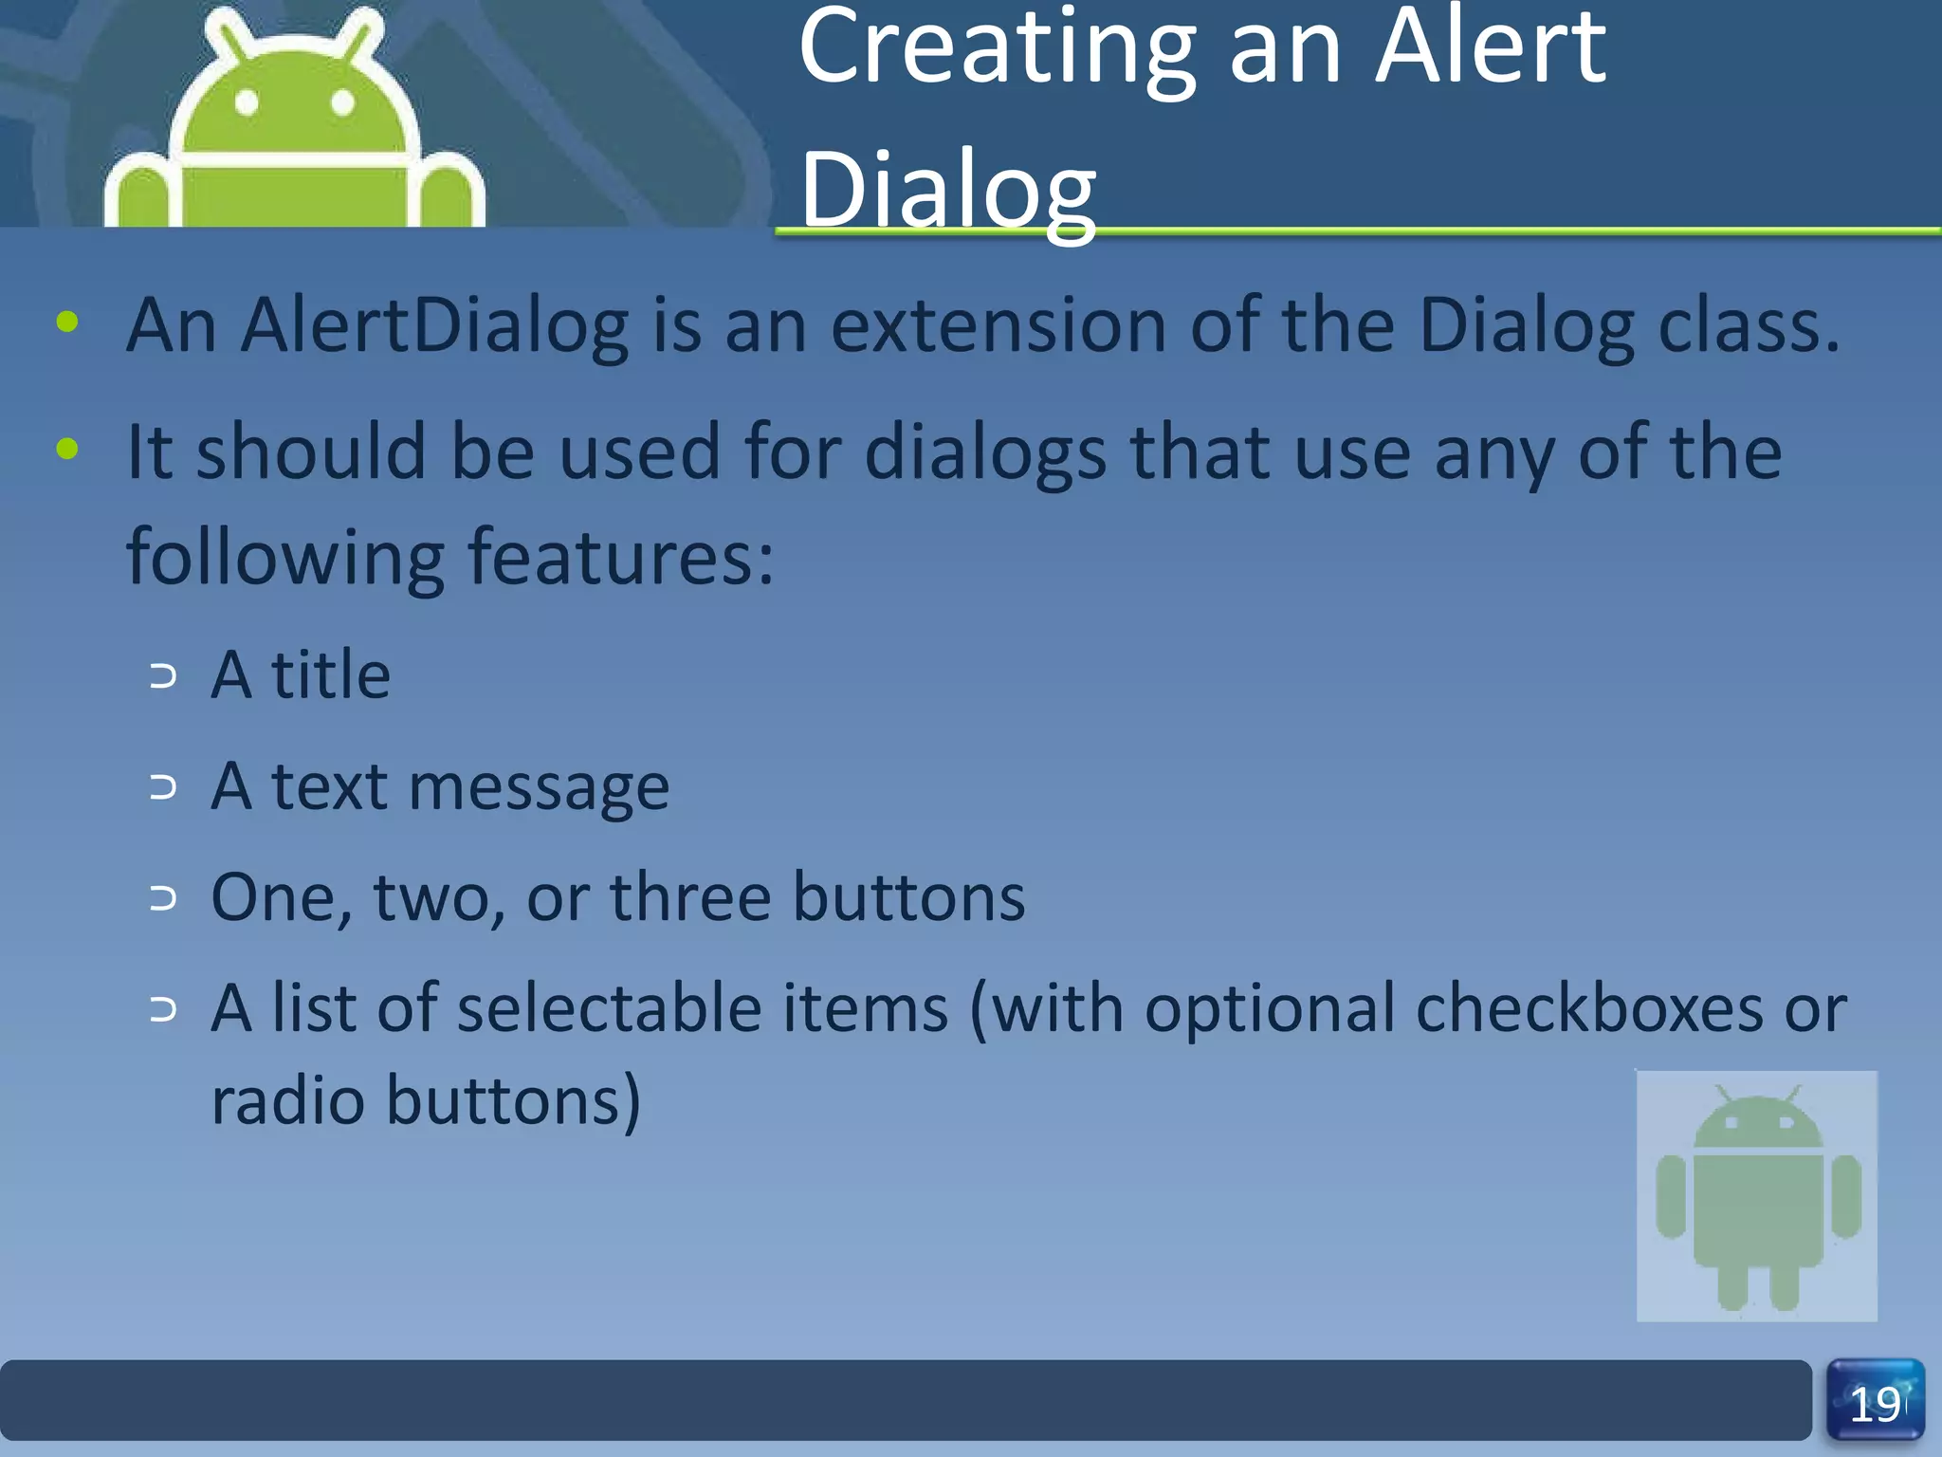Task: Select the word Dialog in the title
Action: [947, 190]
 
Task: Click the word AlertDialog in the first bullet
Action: [434, 326]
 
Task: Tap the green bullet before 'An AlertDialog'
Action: [67, 323]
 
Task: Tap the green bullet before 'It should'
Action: [67, 449]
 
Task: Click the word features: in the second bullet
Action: [621, 558]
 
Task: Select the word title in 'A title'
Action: [330, 675]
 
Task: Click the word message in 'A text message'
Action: [539, 787]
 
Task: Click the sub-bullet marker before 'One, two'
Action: [163, 898]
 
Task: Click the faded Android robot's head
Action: [1757, 1123]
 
